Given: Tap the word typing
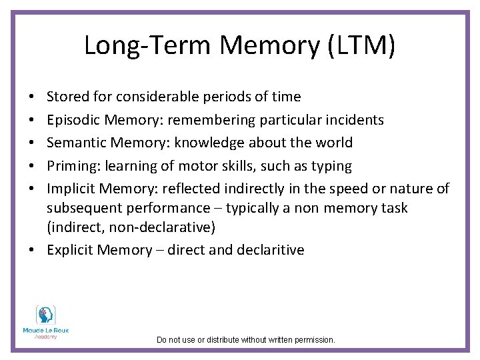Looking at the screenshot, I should (x=333, y=165).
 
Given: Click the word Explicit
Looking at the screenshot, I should (x=71, y=250).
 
